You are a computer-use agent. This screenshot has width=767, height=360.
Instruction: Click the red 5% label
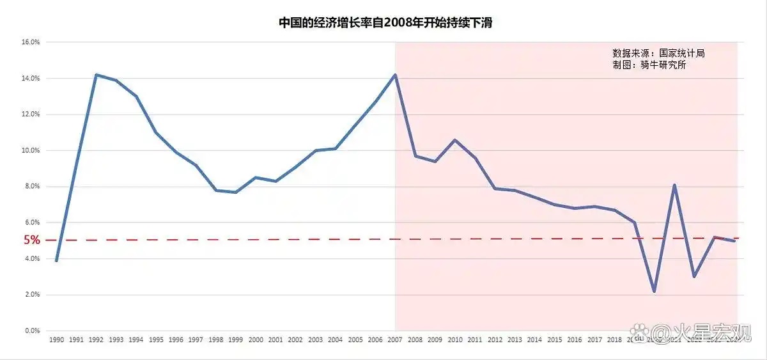[x=32, y=240]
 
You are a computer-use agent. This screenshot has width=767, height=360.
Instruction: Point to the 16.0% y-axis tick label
[x=31, y=42]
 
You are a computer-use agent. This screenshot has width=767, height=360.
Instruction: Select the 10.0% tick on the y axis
[x=31, y=150]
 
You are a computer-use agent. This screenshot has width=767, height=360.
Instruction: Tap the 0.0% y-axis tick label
[x=33, y=331]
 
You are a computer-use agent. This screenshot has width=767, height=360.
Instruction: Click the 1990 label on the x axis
[x=56, y=340]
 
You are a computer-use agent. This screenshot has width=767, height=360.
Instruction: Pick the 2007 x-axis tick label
[x=394, y=340]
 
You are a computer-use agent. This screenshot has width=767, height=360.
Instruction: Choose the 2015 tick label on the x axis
[x=554, y=340]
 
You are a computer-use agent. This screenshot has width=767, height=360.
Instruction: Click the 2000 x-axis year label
[x=255, y=340]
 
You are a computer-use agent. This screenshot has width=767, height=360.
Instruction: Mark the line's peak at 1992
[x=96, y=75]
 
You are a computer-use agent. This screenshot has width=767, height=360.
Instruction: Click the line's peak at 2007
[x=395, y=75]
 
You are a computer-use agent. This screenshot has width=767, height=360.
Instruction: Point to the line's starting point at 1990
[x=56, y=261]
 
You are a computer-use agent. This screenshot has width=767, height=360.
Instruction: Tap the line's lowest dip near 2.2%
[x=654, y=291]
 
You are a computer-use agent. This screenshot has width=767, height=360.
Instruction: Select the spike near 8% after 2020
[x=674, y=185]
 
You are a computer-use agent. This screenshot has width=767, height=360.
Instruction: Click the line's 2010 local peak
[x=454, y=140]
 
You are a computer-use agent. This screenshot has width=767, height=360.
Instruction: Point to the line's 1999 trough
[x=235, y=192]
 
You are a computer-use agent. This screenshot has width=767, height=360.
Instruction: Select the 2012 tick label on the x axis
[x=494, y=340]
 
